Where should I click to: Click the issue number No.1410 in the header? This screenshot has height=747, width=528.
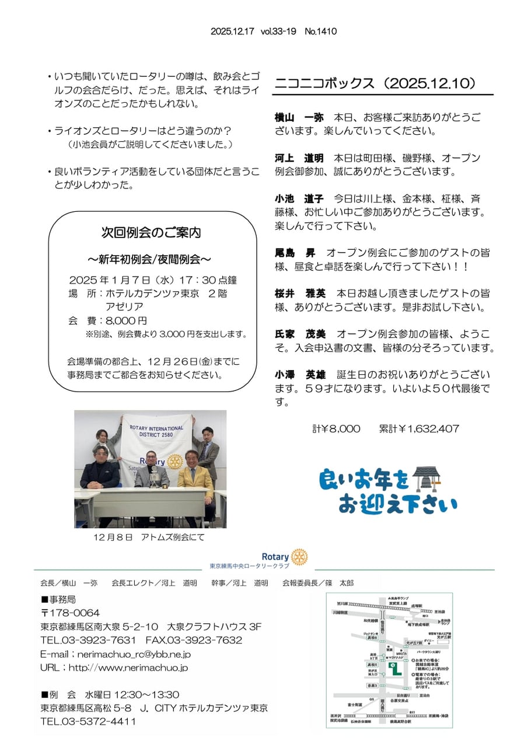(x=320, y=32)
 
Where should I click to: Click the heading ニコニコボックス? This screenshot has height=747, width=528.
(x=324, y=83)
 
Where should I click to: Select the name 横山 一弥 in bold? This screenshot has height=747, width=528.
(x=299, y=118)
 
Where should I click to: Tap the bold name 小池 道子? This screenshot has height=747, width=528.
(x=299, y=199)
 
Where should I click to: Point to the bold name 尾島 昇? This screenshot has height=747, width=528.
(x=295, y=253)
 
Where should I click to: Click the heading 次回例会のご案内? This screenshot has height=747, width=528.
(x=152, y=233)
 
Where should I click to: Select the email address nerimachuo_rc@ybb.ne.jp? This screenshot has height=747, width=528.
(x=132, y=654)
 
